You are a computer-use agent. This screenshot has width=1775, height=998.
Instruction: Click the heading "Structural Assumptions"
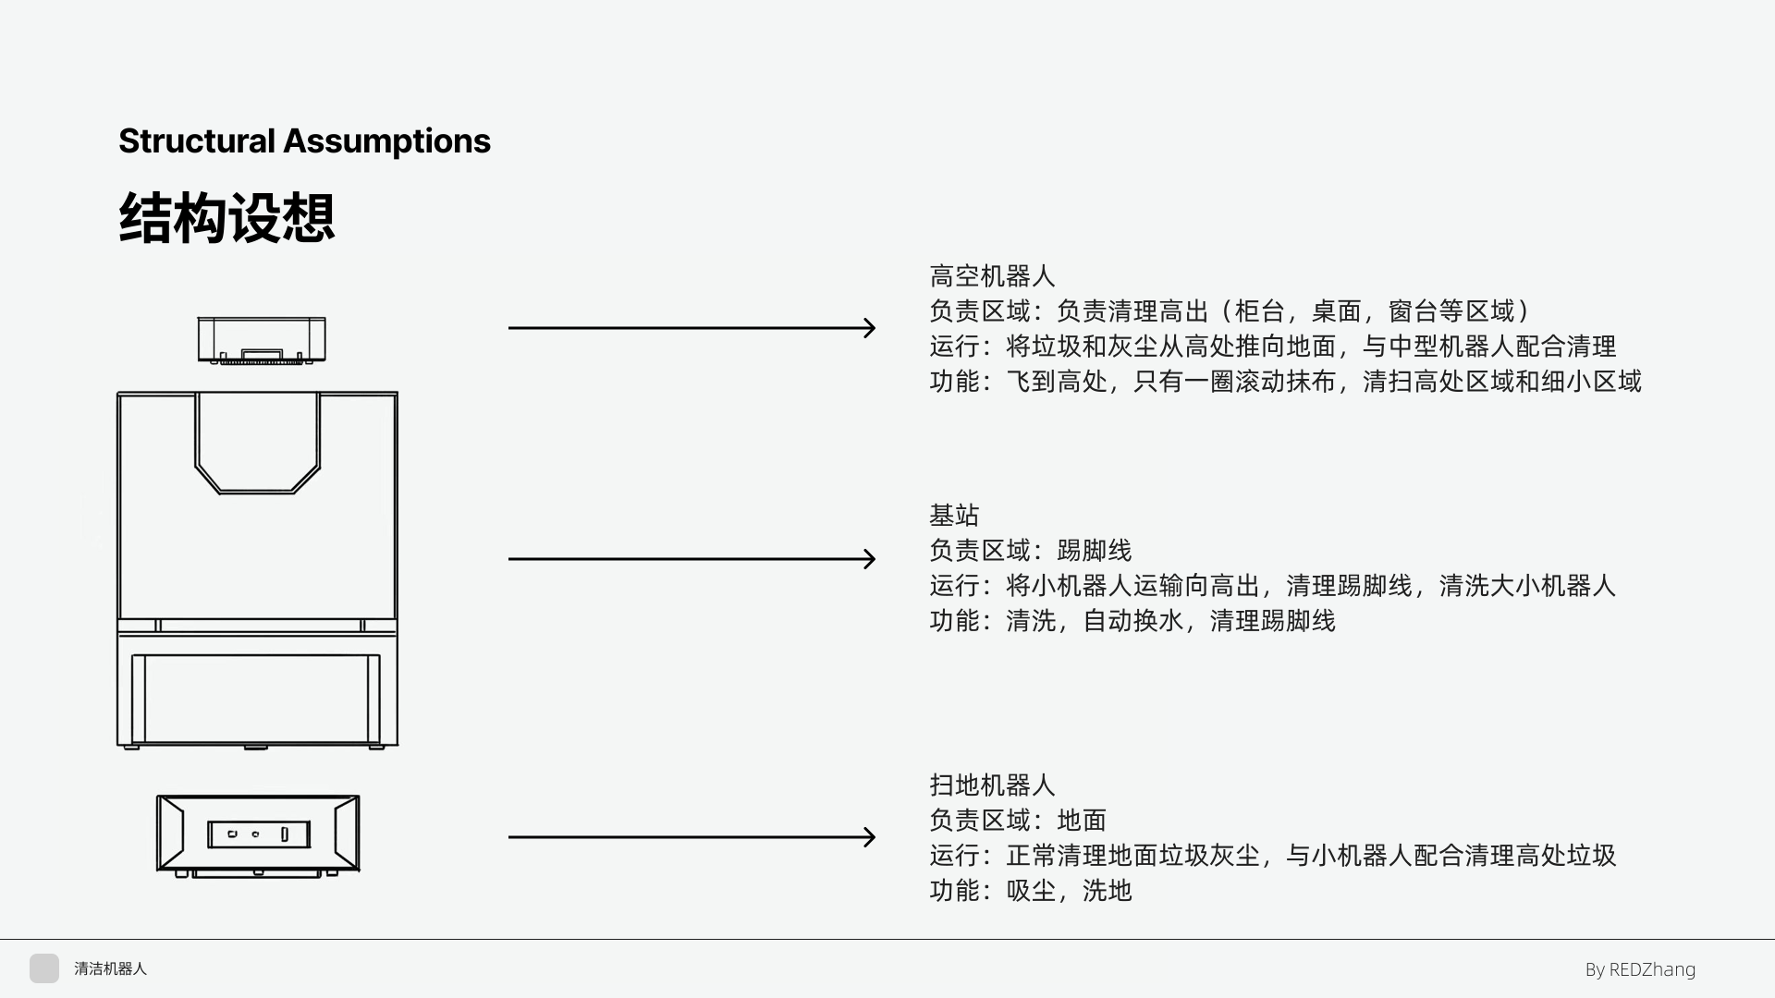click(x=304, y=141)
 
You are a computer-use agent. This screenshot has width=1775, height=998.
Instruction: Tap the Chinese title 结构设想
click(x=226, y=219)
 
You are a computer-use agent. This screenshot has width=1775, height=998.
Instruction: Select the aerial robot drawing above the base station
click(x=262, y=339)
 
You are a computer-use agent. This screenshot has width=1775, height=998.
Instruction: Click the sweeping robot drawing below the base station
click(x=258, y=834)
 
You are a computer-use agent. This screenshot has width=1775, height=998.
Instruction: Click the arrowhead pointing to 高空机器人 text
click(x=869, y=328)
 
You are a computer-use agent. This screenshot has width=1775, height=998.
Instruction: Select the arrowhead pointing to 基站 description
click(x=869, y=559)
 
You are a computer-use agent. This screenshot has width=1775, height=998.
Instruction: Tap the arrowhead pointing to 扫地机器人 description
click(x=869, y=837)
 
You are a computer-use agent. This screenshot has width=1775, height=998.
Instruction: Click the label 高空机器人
click(x=992, y=276)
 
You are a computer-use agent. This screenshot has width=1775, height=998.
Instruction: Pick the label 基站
click(x=954, y=515)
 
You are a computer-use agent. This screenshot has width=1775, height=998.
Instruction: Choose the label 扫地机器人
click(x=992, y=785)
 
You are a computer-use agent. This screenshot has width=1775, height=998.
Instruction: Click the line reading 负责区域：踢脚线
click(x=1030, y=551)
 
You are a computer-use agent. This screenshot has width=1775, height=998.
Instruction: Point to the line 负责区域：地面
click(x=1018, y=821)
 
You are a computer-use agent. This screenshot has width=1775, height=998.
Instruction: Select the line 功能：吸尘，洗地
click(x=1030, y=891)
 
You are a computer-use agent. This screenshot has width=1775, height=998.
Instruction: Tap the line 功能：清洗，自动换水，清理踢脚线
click(x=1132, y=621)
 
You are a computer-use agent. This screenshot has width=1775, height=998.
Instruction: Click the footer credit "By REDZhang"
click(x=1640, y=969)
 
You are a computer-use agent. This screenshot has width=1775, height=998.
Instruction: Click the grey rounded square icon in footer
click(x=44, y=968)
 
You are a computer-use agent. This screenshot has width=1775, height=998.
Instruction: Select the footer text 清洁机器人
click(x=110, y=969)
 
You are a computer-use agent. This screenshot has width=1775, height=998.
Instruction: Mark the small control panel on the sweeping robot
click(x=258, y=834)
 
